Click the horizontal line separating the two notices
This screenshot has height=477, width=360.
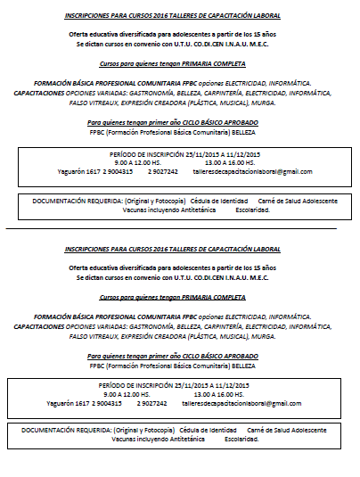[x=178, y=229]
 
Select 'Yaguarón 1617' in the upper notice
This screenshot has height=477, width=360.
[x=69, y=170]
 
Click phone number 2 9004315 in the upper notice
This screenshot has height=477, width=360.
[x=121, y=170]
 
